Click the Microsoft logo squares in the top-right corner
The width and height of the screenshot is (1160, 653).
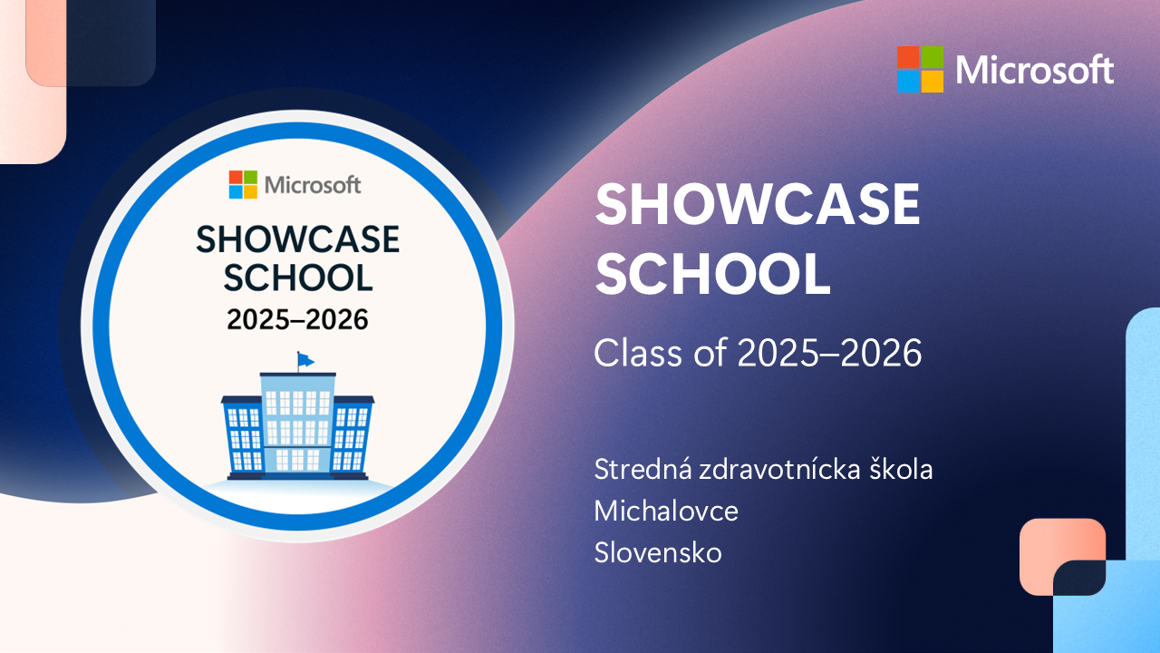coord(920,70)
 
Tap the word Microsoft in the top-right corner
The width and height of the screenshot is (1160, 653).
coord(1035,70)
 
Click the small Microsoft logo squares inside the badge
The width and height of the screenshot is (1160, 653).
coord(243,184)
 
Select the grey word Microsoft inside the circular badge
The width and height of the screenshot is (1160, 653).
coord(313,185)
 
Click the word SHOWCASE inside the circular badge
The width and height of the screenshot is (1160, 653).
coord(298,239)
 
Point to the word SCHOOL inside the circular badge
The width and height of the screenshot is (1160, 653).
coord(298,278)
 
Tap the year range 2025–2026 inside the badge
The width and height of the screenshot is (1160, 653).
coord(298,319)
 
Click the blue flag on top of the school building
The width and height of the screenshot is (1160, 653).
coord(305,360)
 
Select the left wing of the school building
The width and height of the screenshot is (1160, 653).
coord(242,437)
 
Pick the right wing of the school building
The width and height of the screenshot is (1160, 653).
coord(353,437)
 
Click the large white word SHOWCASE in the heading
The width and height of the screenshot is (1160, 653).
coord(758,204)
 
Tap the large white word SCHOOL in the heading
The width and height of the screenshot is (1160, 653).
coord(713,274)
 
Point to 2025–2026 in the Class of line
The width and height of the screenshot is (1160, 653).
coord(829,353)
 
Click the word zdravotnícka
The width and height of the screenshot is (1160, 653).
coord(779,469)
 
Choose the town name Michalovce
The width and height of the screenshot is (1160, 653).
coord(666,511)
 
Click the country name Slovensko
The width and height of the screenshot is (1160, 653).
coord(658,552)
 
